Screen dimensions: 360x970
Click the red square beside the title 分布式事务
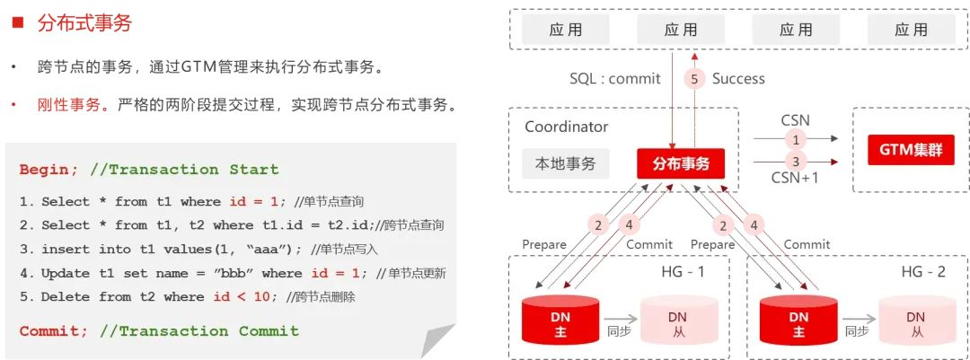point(16,24)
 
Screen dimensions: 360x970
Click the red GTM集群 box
point(910,150)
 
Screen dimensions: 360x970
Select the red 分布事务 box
point(680,163)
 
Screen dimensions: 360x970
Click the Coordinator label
point(566,127)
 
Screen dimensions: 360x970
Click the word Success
point(738,79)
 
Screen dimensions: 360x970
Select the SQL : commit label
point(615,79)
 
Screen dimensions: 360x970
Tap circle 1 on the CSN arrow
point(794,139)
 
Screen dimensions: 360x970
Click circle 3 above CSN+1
point(794,162)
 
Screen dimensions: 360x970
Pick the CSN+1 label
point(795,178)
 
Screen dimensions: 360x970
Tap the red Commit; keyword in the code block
point(54,331)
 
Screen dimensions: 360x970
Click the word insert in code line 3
point(65,249)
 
